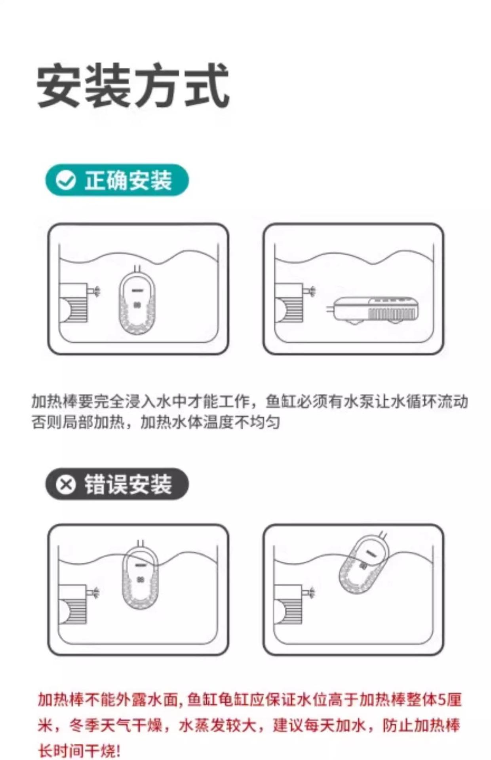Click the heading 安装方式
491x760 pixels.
[x=133, y=86]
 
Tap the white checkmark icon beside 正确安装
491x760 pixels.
[x=66, y=180]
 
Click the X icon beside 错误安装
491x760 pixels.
[x=66, y=484]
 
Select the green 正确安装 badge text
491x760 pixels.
[x=128, y=180]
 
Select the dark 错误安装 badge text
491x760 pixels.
[x=128, y=484]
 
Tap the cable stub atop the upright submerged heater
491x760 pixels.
[x=137, y=269]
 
